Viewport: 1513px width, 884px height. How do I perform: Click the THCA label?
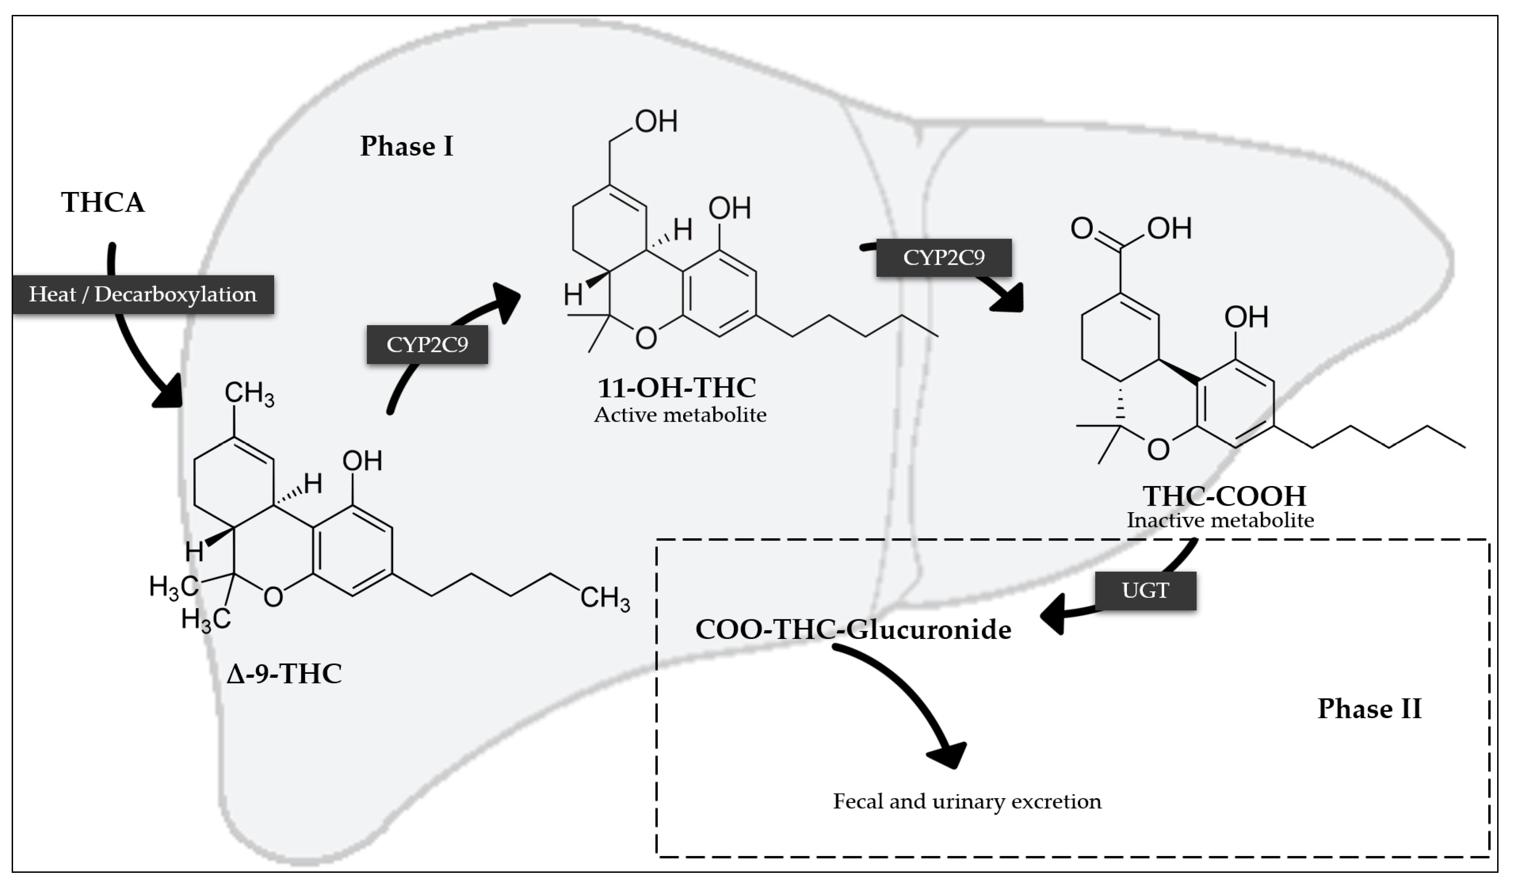[103, 202]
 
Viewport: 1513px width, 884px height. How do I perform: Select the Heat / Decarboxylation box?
[143, 294]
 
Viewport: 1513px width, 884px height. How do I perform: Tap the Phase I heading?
[407, 146]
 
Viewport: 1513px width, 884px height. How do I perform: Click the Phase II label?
[1369, 709]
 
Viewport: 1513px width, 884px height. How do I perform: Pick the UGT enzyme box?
[1146, 590]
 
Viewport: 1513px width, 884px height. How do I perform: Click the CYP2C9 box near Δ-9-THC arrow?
[427, 344]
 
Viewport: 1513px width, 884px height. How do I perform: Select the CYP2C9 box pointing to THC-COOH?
[944, 257]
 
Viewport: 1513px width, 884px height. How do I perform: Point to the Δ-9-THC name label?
[284, 673]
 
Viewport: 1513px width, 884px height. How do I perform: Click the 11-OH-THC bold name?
[677, 388]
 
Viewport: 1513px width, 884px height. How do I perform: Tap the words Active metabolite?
[680, 415]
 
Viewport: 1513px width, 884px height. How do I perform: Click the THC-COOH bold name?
[1224, 496]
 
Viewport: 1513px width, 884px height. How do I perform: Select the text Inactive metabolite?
[1220, 520]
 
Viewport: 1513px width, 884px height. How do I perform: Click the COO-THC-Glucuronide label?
[853, 630]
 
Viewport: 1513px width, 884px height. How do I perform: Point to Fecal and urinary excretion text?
[967, 801]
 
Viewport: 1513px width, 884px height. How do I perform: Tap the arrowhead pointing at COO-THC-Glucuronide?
[1054, 614]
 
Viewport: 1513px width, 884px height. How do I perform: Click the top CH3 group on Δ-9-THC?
[249, 394]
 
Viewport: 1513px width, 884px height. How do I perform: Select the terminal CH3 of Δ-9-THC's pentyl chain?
[605, 598]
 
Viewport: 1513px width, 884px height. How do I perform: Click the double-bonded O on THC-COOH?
[1081, 228]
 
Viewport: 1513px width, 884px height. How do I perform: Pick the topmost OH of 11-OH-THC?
[656, 121]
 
